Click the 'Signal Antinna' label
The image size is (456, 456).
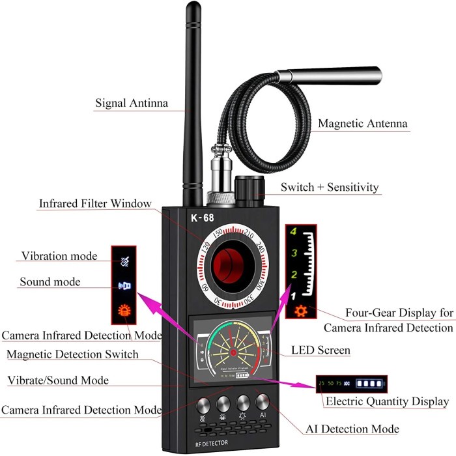tap(132, 103)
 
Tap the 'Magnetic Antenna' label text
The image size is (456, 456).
tap(363, 123)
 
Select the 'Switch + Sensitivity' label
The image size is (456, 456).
tap(330, 188)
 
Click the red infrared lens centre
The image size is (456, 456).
tap(229, 269)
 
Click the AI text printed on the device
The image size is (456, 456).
tap(264, 415)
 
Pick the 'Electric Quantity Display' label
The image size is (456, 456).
tap(387, 402)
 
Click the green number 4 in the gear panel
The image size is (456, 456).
tap(294, 231)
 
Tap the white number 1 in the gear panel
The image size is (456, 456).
tap(293, 295)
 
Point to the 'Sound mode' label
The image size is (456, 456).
tap(50, 282)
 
